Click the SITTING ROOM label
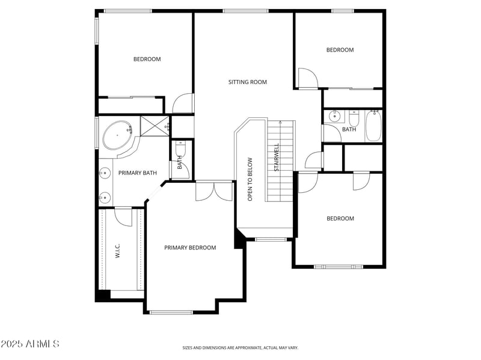(x=247, y=82)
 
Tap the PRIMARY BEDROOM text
(x=190, y=248)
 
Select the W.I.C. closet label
(x=118, y=250)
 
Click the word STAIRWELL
(x=277, y=157)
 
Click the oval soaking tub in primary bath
(x=117, y=136)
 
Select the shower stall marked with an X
(x=155, y=126)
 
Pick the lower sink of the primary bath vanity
(x=105, y=197)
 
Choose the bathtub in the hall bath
(x=373, y=126)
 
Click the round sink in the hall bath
(x=333, y=117)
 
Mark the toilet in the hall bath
(x=354, y=117)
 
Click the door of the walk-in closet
(x=124, y=216)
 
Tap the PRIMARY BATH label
(x=137, y=173)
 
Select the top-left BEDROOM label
(x=147, y=59)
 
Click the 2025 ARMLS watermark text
(x=30, y=344)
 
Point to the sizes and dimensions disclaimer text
(x=240, y=347)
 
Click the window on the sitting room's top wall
(x=245, y=11)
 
